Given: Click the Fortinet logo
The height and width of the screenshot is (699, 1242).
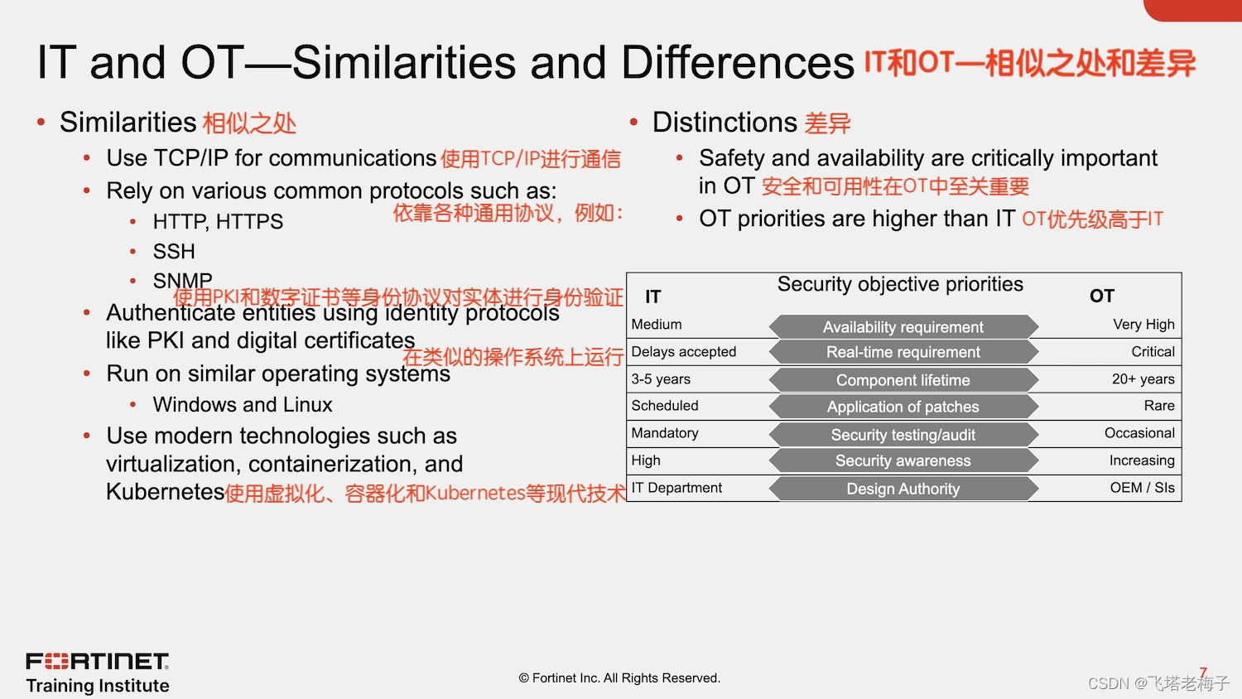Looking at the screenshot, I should [98, 662].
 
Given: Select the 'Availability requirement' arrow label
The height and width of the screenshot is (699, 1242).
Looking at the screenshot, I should [903, 327].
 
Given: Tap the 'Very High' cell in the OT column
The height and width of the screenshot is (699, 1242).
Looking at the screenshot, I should [1143, 325].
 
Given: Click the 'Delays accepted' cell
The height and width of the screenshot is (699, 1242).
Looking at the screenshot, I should [683, 352].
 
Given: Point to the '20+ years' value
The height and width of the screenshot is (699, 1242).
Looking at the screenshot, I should [1143, 379].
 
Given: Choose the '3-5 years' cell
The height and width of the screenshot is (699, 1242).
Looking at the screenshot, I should [661, 379].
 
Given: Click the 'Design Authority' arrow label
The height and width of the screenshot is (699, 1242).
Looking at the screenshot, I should [903, 489].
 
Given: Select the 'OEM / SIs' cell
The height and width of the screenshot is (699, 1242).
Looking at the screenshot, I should [1142, 488].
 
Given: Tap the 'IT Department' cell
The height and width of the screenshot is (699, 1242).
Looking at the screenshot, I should [676, 488].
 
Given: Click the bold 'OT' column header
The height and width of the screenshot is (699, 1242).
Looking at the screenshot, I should [1101, 296].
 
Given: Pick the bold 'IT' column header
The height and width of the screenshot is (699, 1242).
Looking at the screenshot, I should [653, 296].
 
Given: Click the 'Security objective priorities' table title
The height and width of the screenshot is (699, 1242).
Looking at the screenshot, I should [900, 284].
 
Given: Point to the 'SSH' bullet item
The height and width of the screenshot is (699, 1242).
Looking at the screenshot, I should [174, 252].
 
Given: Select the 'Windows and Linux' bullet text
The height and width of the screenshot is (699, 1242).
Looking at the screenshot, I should [243, 405].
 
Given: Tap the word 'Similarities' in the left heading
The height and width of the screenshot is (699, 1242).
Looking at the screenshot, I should [128, 123].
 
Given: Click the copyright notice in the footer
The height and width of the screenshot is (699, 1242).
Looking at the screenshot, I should [619, 678].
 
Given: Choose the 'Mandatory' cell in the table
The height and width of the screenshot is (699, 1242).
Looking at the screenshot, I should [665, 433].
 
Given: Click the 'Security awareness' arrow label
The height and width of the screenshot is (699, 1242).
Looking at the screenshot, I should [903, 461].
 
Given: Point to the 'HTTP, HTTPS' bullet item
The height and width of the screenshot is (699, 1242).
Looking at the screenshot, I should [218, 222].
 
